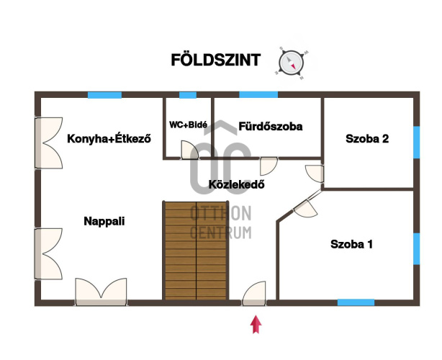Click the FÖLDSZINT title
tap(216, 60)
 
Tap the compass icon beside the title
tap(292, 63)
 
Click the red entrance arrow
tap(256, 324)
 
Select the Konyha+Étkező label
tap(109, 139)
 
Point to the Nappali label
tap(104, 221)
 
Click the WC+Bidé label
tap(189, 125)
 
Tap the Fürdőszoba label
tap(271, 126)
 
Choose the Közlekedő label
tap(237, 184)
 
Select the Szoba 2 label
tap(367, 139)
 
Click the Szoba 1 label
tap(351, 244)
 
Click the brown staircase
tap(196, 251)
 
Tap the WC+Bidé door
tap(189, 150)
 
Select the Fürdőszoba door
tap(269, 166)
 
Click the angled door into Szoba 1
tap(306, 208)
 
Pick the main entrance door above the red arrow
tap(254, 294)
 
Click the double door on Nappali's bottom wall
tap(101, 292)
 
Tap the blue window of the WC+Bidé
tap(188, 95)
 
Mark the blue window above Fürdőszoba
tap(258, 95)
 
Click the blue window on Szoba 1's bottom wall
tap(356, 302)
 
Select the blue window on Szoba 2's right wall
tap(417, 143)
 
